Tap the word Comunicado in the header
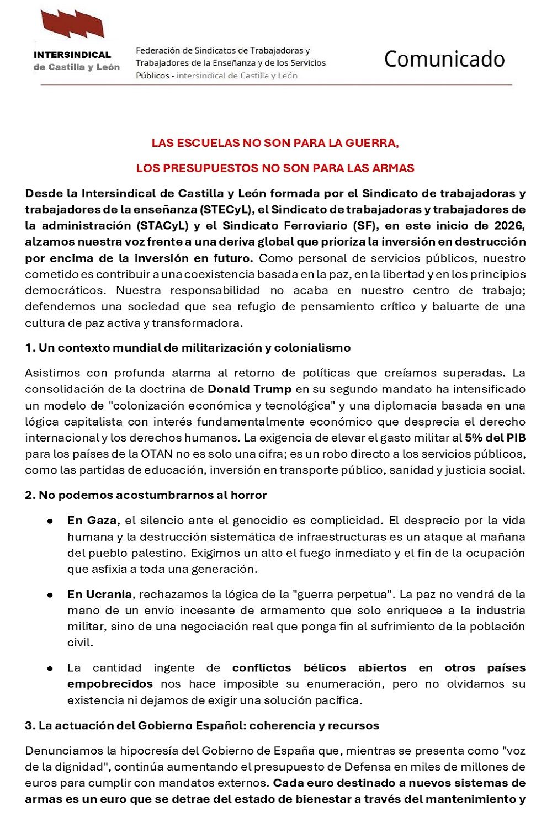[444, 59]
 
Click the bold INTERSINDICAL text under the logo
[72, 55]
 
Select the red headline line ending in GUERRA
[275, 143]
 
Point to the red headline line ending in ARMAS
[275, 168]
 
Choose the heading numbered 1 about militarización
[188, 348]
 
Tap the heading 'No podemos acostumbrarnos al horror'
[146, 495]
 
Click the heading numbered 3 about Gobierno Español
[202, 725]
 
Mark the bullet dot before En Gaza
[50, 521]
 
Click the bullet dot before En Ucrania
[50, 595]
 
